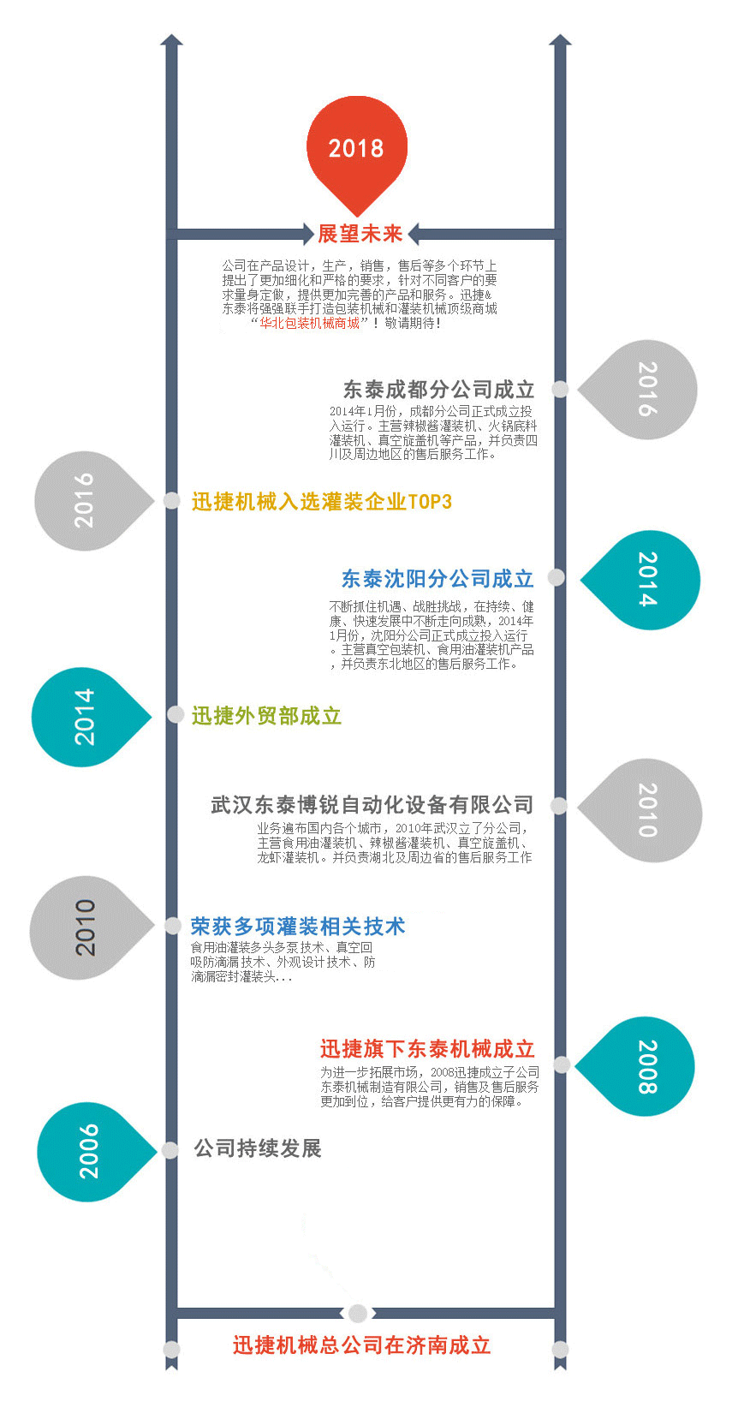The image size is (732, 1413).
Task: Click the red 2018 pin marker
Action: [x=356, y=147]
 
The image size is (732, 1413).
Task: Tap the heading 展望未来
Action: [x=360, y=234]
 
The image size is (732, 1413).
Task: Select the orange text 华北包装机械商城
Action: [x=310, y=323]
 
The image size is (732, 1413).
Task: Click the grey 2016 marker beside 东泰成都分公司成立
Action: [x=644, y=390]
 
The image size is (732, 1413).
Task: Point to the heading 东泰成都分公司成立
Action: [x=438, y=390]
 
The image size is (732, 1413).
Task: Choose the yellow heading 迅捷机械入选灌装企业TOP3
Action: [x=321, y=502]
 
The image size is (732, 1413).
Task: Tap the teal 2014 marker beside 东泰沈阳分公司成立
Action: [x=646, y=580]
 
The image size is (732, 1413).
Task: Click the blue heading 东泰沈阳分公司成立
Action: [x=437, y=579]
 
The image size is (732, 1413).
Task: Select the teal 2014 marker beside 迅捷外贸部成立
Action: [x=84, y=716]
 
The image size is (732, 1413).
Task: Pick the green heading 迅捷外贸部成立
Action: [x=266, y=716]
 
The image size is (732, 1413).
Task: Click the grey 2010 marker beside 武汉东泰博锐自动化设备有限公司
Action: [x=646, y=809]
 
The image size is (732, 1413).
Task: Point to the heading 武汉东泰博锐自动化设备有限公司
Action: [x=372, y=805]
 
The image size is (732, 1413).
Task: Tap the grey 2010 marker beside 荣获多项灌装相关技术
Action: [x=84, y=927]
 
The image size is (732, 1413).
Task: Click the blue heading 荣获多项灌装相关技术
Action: [x=297, y=927]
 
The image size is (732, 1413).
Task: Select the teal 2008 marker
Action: [x=644, y=1066]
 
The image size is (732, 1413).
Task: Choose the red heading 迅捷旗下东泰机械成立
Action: [x=427, y=1049]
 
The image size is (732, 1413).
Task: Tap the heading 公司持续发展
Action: [x=258, y=1148]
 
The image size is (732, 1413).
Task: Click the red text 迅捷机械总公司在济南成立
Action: [x=361, y=1345]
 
